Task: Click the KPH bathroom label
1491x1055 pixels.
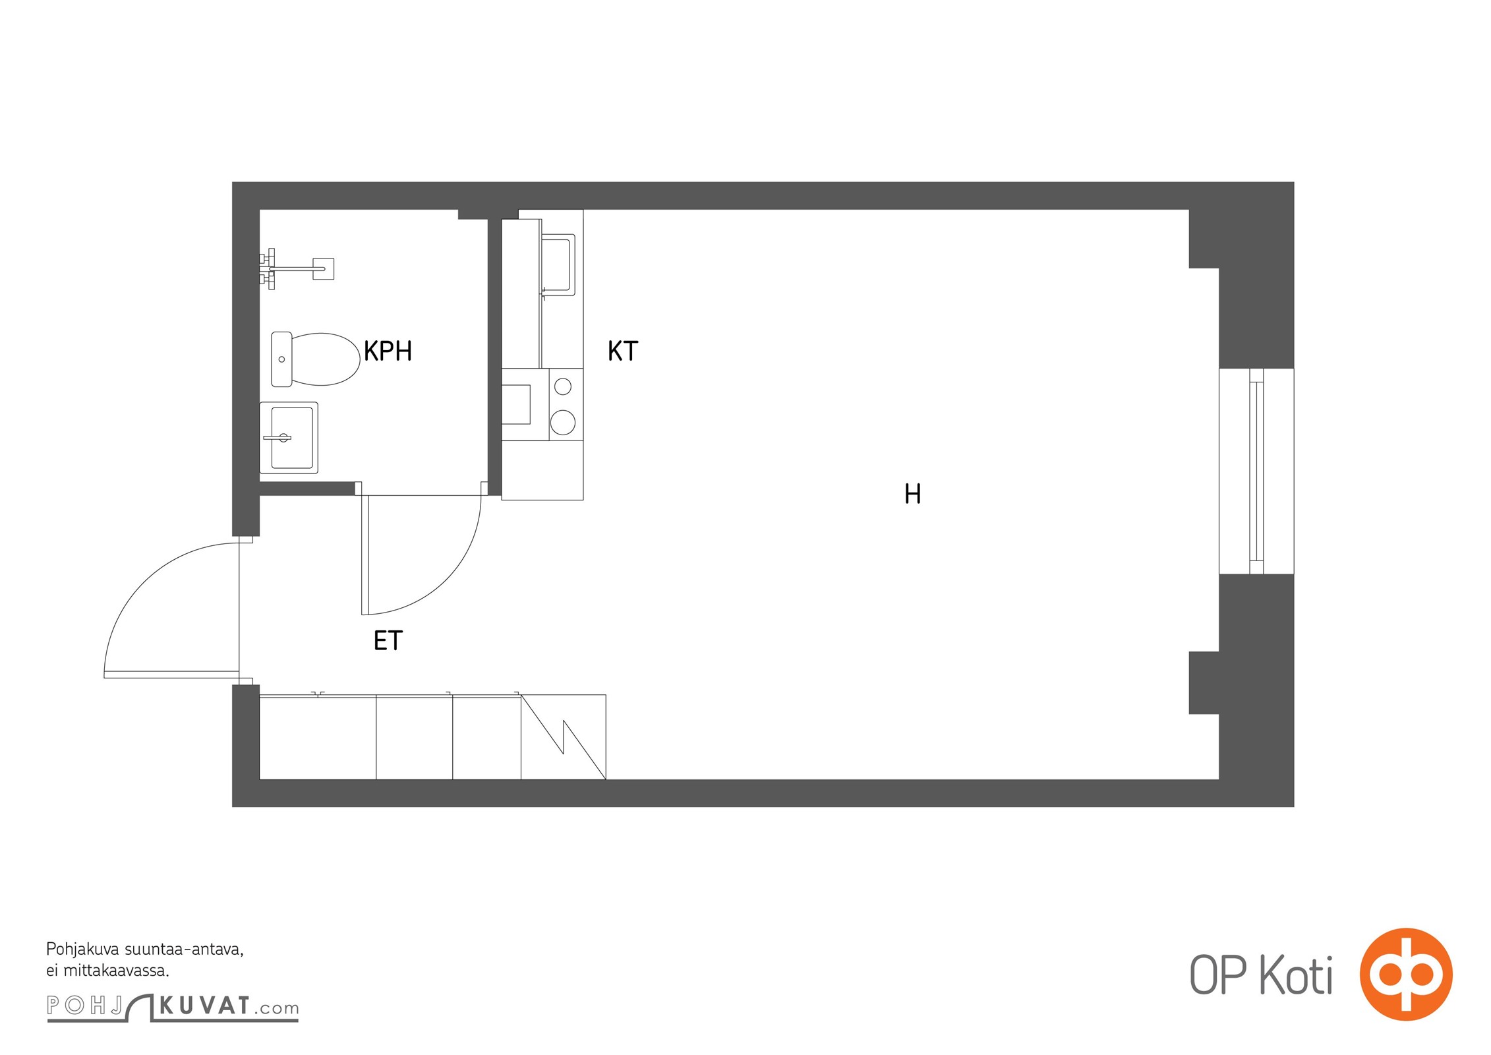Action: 388,351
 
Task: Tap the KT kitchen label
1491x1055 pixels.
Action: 623,351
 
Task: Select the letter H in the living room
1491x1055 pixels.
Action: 913,494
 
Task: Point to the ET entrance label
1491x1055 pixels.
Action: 388,640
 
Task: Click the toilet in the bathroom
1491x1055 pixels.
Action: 316,359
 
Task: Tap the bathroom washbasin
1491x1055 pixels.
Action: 289,438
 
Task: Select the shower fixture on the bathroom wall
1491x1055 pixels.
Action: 297,268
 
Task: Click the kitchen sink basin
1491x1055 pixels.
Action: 558,264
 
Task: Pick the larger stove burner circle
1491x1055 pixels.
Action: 563,423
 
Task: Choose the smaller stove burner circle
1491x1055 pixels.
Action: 563,386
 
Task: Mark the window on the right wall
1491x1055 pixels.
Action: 1256,471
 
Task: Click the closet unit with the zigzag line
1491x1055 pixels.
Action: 564,737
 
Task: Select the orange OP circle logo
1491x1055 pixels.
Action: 1407,975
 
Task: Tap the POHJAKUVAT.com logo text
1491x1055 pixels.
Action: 173,1007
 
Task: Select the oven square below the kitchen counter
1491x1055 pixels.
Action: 516,404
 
